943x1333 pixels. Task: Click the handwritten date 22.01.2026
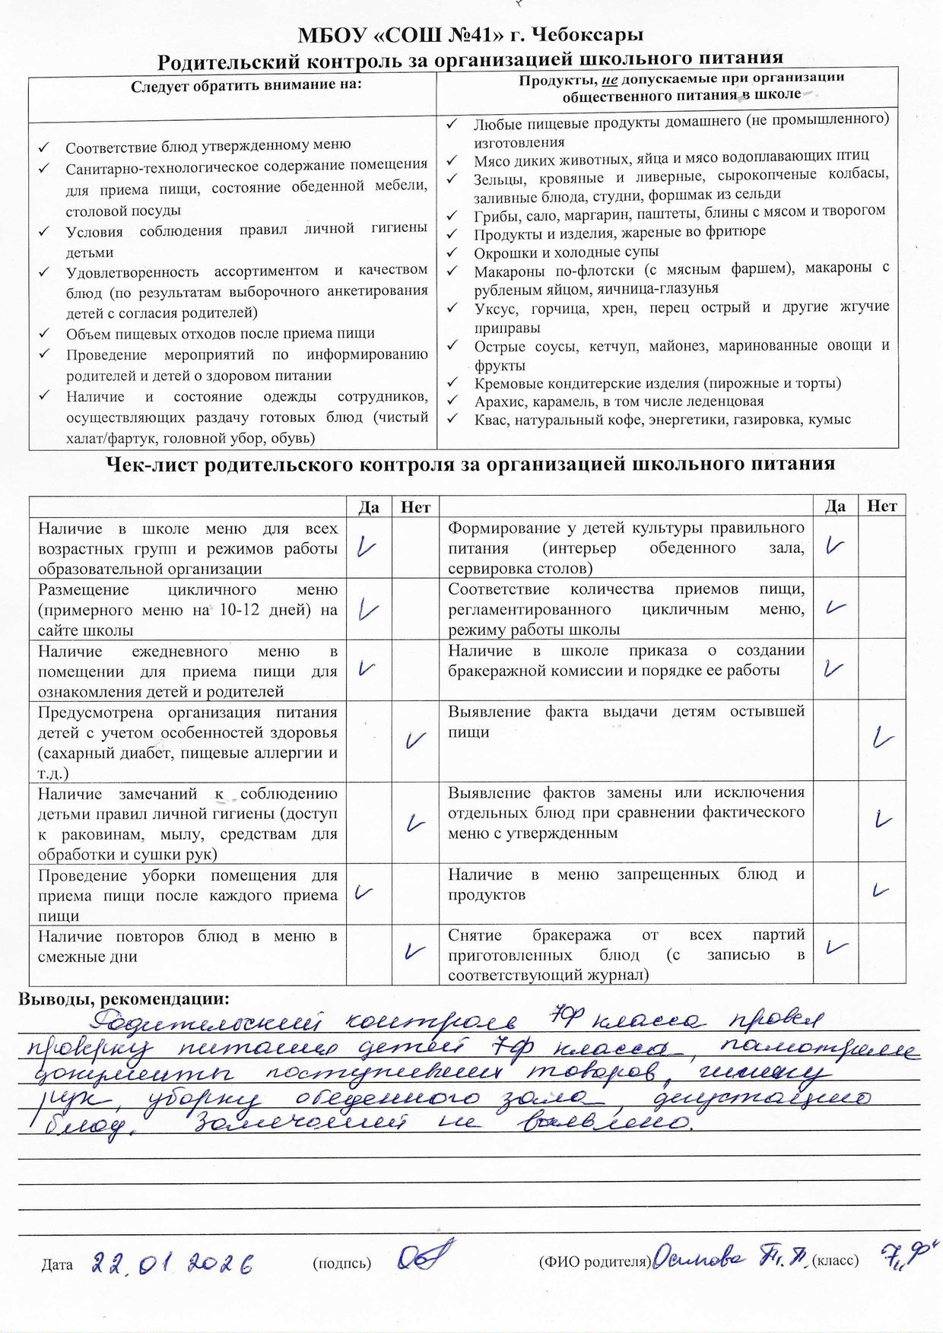coord(172,1263)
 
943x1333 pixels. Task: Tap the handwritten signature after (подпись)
coord(425,1255)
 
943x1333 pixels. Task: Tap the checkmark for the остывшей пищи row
coord(882,738)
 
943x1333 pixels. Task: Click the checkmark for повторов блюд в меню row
coord(414,951)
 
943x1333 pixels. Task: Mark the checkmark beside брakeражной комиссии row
coord(834,668)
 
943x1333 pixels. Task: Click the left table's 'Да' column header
coord(369,507)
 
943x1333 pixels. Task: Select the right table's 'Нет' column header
coord(881,506)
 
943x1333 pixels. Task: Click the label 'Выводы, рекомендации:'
coord(124,999)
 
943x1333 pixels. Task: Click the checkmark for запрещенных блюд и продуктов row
coord(881,890)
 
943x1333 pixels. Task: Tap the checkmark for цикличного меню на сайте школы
coord(369,609)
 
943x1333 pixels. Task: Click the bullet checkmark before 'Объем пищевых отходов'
coord(44,333)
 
